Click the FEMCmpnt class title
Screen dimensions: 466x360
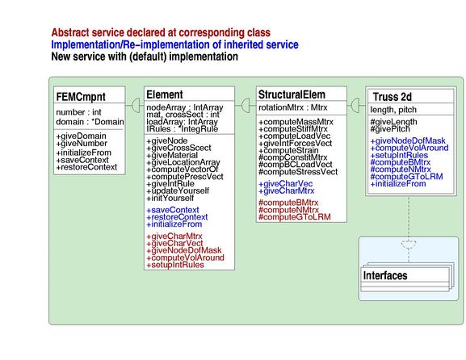[x=81, y=97]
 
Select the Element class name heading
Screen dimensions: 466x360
[x=165, y=94]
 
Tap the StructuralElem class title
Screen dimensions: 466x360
[x=292, y=94]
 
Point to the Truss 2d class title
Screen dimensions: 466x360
[x=393, y=97]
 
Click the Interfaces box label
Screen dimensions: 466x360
[x=385, y=275]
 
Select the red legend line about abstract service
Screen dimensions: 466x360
[x=161, y=32]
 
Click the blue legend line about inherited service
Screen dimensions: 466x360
[x=174, y=44]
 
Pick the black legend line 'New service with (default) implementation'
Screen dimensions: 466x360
[x=145, y=57]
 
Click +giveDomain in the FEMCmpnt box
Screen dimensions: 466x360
[x=81, y=136]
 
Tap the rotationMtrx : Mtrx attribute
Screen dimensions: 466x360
[x=292, y=107]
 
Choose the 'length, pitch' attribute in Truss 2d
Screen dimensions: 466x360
[x=393, y=110]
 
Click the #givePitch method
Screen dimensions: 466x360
[x=390, y=129]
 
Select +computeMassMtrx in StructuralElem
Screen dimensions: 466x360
[x=296, y=122]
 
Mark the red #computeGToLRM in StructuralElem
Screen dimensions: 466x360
[x=295, y=217]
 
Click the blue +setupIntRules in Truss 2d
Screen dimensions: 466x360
[x=399, y=155]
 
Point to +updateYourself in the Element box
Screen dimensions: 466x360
[x=178, y=190]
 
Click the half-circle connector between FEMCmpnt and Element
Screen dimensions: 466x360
[x=136, y=105]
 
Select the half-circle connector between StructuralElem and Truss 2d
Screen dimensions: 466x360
[x=355, y=105]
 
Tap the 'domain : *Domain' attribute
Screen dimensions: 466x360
[x=90, y=122]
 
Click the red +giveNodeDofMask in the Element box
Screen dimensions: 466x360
[x=184, y=250]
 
